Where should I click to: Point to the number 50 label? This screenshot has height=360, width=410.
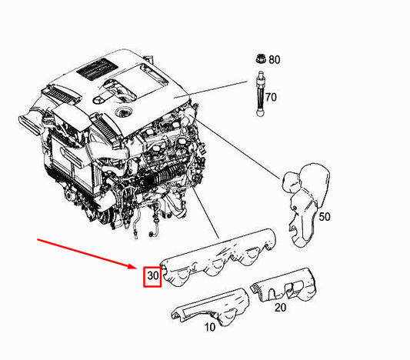pos(324,217)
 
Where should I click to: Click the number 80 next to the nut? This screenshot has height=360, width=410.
pos(275,59)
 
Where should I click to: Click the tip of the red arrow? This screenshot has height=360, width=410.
pos(138,269)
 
